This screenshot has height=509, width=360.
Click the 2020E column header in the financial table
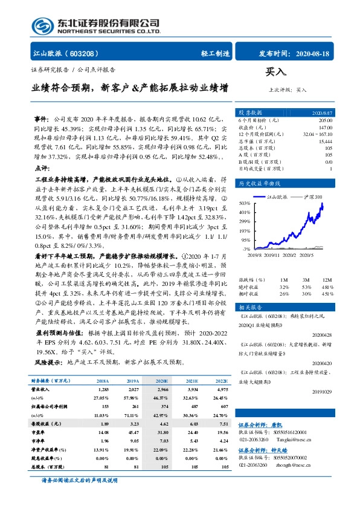162,381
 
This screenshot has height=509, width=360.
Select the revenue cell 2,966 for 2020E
162,391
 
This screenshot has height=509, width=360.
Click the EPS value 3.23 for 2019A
133,425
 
